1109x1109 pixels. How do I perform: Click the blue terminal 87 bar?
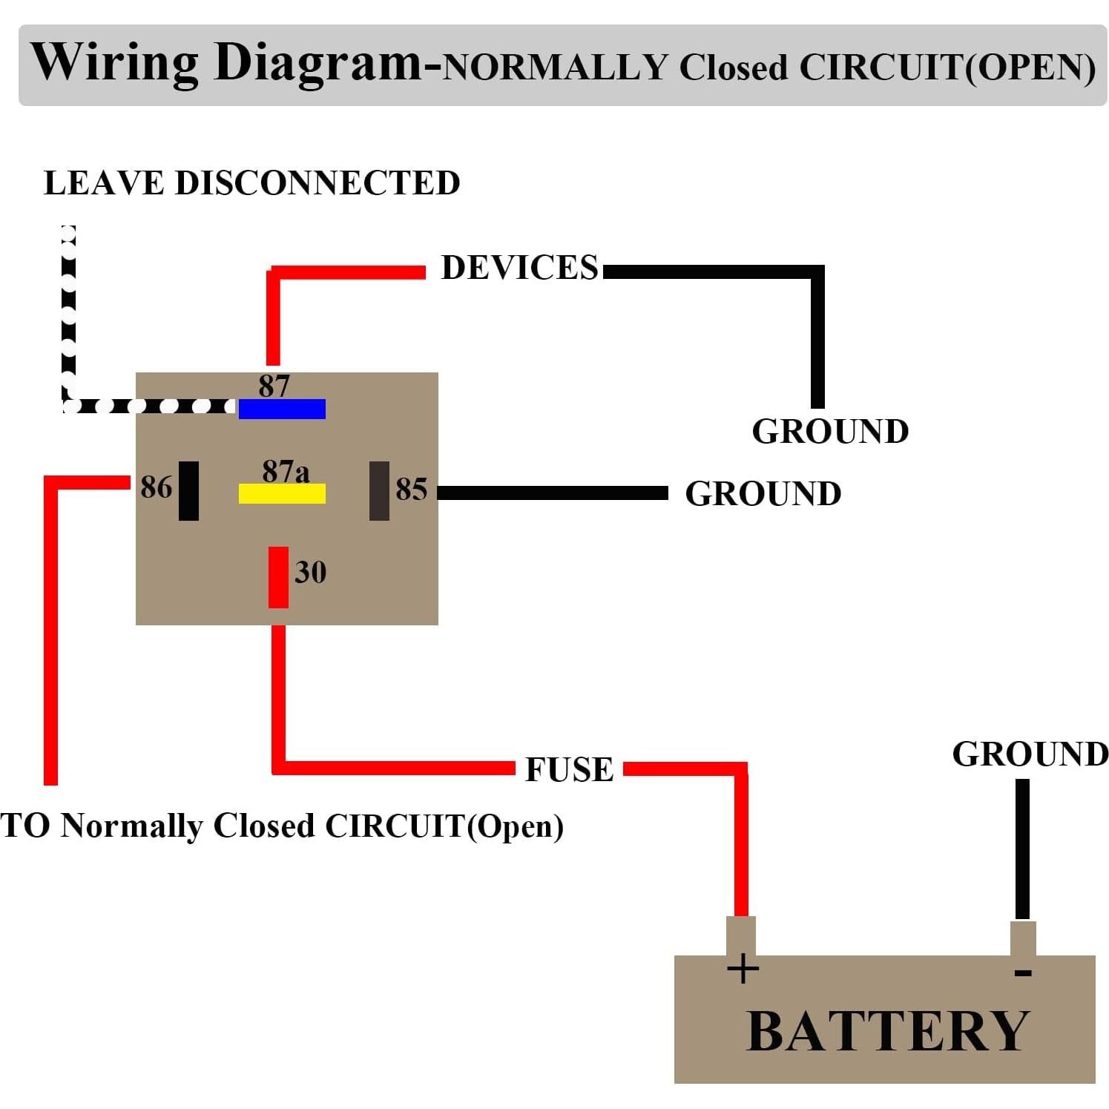point(282,409)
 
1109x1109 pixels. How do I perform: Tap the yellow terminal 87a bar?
point(282,493)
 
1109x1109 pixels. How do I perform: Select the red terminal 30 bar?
point(278,577)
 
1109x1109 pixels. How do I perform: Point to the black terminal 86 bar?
point(188,490)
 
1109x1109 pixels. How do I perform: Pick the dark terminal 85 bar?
point(379,490)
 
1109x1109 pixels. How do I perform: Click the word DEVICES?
point(519,268)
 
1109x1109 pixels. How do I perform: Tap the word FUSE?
point(569,769)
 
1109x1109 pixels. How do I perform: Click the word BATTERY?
point(887,1031)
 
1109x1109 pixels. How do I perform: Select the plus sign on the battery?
point(743,969)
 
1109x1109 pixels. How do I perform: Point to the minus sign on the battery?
point(1023,972)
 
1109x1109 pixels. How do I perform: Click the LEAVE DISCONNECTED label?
point(252,183)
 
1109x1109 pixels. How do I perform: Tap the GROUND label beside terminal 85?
point(763,494)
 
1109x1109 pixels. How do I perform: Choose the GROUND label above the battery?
point(1030,754)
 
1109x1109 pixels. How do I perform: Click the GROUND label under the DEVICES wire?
point(830,432)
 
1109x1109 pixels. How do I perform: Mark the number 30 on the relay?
point(310,572)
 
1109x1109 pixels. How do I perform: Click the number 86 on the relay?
point(156,487)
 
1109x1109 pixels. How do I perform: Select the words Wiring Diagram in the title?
point(226,62)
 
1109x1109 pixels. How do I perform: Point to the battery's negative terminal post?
point(1023,938)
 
